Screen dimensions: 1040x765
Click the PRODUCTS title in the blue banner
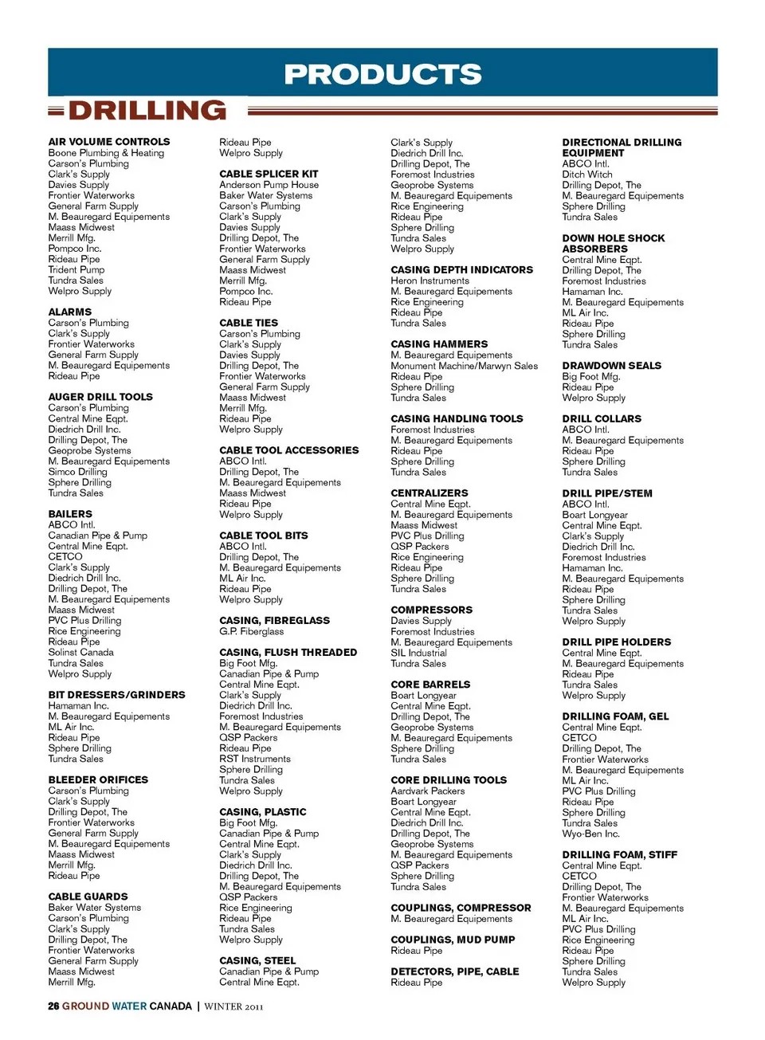pos(382,74)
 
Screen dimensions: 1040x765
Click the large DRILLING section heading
pos(147,110)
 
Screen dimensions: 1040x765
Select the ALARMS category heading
pos(70,312)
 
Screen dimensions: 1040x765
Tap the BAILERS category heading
pos(70,514)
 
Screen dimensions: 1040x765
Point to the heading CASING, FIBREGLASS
pos(274,620)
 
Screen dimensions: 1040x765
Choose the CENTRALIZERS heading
pos(430,493)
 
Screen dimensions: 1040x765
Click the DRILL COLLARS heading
pos(602,418)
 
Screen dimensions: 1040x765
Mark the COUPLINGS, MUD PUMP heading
pos(453,940)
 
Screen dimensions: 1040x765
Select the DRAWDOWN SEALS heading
pos(612,366)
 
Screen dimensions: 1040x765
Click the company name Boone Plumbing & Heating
pos(106,153)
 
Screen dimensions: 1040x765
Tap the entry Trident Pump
pos(76,269)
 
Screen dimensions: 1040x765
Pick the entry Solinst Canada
pos(80,652)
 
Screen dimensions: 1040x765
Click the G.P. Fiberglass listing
pos(251,631)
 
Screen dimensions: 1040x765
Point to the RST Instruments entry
pos(255,759)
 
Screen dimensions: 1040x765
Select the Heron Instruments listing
pos(430,281)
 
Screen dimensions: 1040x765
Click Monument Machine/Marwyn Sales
pos(464,366)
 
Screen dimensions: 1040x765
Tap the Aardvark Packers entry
pos(427,791)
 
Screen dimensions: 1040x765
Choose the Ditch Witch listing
pos(587,175)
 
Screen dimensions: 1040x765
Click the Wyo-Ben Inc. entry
pos(590,834)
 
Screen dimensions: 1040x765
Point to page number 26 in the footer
pos(53,1007)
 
